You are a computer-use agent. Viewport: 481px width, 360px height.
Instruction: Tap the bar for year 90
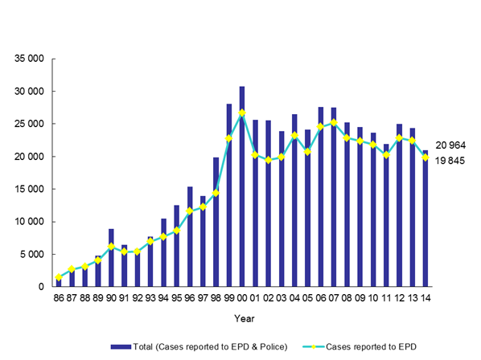111,258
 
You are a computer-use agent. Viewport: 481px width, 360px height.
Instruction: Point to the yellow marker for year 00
242,112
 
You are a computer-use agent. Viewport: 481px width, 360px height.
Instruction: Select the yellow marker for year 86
59,277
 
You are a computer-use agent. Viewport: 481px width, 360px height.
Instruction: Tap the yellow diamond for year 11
386,154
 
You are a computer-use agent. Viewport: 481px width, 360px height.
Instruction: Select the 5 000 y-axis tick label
31,254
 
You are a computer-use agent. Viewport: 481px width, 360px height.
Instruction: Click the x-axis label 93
150,297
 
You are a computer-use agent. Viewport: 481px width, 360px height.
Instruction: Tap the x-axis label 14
425,297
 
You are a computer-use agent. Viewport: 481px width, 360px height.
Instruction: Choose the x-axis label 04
294,297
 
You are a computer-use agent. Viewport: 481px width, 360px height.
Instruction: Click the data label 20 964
451,145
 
